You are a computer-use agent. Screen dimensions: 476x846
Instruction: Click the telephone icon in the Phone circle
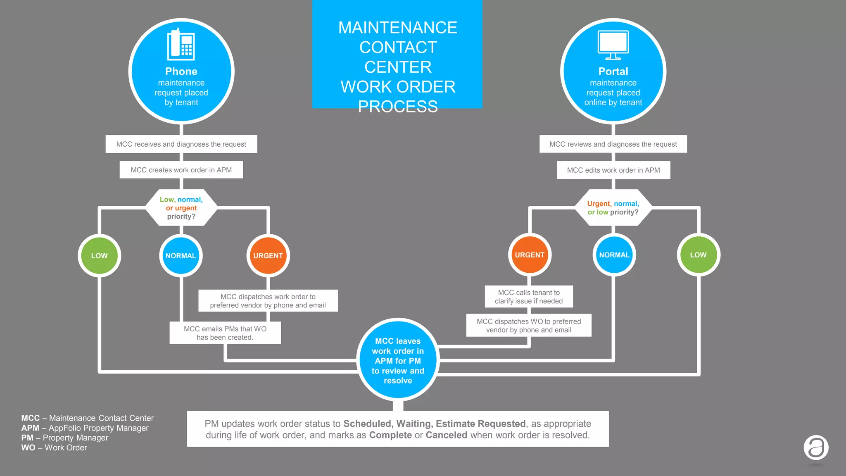point(181,45)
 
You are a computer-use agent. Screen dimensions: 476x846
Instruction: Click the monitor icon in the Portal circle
point(613,45)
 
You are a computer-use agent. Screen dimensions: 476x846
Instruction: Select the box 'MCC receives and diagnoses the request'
point(181,144)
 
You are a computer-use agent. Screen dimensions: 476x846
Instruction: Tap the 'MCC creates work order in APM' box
point(181,170)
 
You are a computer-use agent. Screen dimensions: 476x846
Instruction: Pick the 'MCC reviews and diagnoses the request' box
point(613,144)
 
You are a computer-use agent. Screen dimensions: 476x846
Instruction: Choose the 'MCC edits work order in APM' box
point(613,170)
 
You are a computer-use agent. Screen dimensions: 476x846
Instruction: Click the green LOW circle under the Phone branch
point(99,256)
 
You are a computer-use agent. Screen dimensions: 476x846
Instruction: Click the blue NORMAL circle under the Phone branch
point(181,256)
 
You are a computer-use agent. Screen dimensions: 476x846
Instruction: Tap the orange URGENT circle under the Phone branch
point(268,256)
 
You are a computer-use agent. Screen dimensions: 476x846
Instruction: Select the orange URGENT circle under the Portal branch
point(530,255)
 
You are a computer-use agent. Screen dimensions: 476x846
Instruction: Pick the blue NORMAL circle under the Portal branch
point(614,255)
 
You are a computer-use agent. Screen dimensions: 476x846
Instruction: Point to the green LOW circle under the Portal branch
point(698,255)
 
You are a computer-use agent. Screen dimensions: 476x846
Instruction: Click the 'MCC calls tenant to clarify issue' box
point(529,297)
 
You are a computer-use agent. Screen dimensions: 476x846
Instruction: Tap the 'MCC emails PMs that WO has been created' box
point(225,333)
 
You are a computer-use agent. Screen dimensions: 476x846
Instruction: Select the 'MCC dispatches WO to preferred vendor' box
point(529,326)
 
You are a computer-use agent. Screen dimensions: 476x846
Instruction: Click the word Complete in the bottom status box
point(390,435)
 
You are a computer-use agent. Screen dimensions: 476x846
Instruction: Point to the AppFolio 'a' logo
point(816,447)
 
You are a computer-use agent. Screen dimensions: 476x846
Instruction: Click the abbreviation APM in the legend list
point(30,428)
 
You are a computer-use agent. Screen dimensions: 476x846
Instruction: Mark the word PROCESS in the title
point(397,107)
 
